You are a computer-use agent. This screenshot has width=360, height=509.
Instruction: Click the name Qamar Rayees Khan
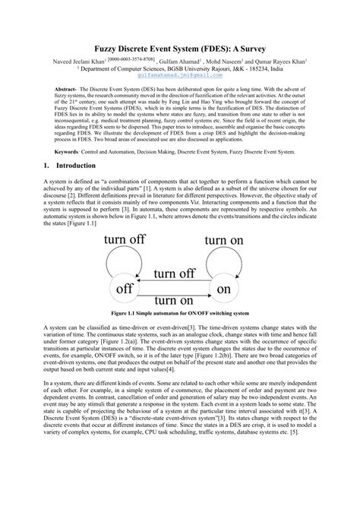tap(289, 59)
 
